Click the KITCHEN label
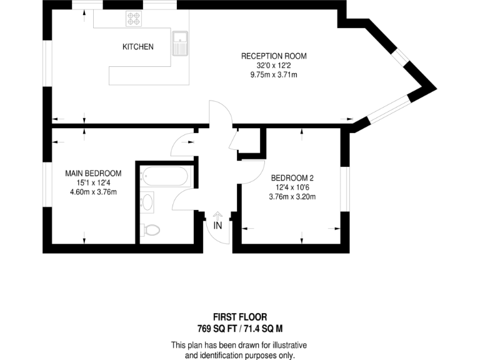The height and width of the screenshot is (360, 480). pyautogui.click(x=137, y=47)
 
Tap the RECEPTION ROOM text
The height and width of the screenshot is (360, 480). pyautogui.click(x=274, y=56)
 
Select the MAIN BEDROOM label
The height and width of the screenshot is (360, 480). pyautogui.click(x=94, y=173)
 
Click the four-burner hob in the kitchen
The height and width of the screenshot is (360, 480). pyautogui.click(x=134, y=19)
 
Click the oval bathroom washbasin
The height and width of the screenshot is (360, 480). pyautogui.click(x=147, y=202)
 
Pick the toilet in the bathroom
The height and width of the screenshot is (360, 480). pyautogui.click(x=149, y=230)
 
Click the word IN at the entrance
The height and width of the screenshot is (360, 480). pyautogui.click(x=217, y=226)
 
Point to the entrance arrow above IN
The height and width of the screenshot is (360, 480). pyautogui.click(x=217, y=214)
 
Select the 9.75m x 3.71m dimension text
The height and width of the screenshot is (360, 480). pyautogui.click(x=274, y=75)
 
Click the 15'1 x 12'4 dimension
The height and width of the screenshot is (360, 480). pyautogui.click(x=94, y=182)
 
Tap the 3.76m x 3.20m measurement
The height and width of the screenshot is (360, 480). pyautogui.click(x=292, y=197)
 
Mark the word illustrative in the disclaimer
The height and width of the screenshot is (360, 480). pyautogui.click(x=286, y=345)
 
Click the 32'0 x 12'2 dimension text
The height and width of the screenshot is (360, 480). pyautogui.click(x=274, y=66)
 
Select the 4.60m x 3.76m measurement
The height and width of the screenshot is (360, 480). pyautogui.click(x=94, y=192)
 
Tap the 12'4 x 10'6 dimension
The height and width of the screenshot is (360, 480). pyautogui.click(x=292, y=187)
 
